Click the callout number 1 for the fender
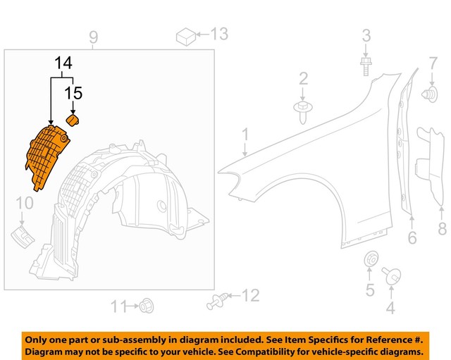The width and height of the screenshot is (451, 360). click(246, 134)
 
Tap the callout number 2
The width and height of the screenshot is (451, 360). click(303, 77)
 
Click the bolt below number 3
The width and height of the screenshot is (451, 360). click(366, 66)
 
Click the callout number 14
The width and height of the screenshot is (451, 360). click(63, 63)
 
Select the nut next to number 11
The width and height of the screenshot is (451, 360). click(147, 306)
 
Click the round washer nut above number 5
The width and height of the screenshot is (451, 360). click(369, 259)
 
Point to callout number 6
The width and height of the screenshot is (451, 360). click(412, 237)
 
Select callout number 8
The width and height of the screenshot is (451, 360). click(442, 228)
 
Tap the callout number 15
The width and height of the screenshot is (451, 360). click(74, 92)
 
